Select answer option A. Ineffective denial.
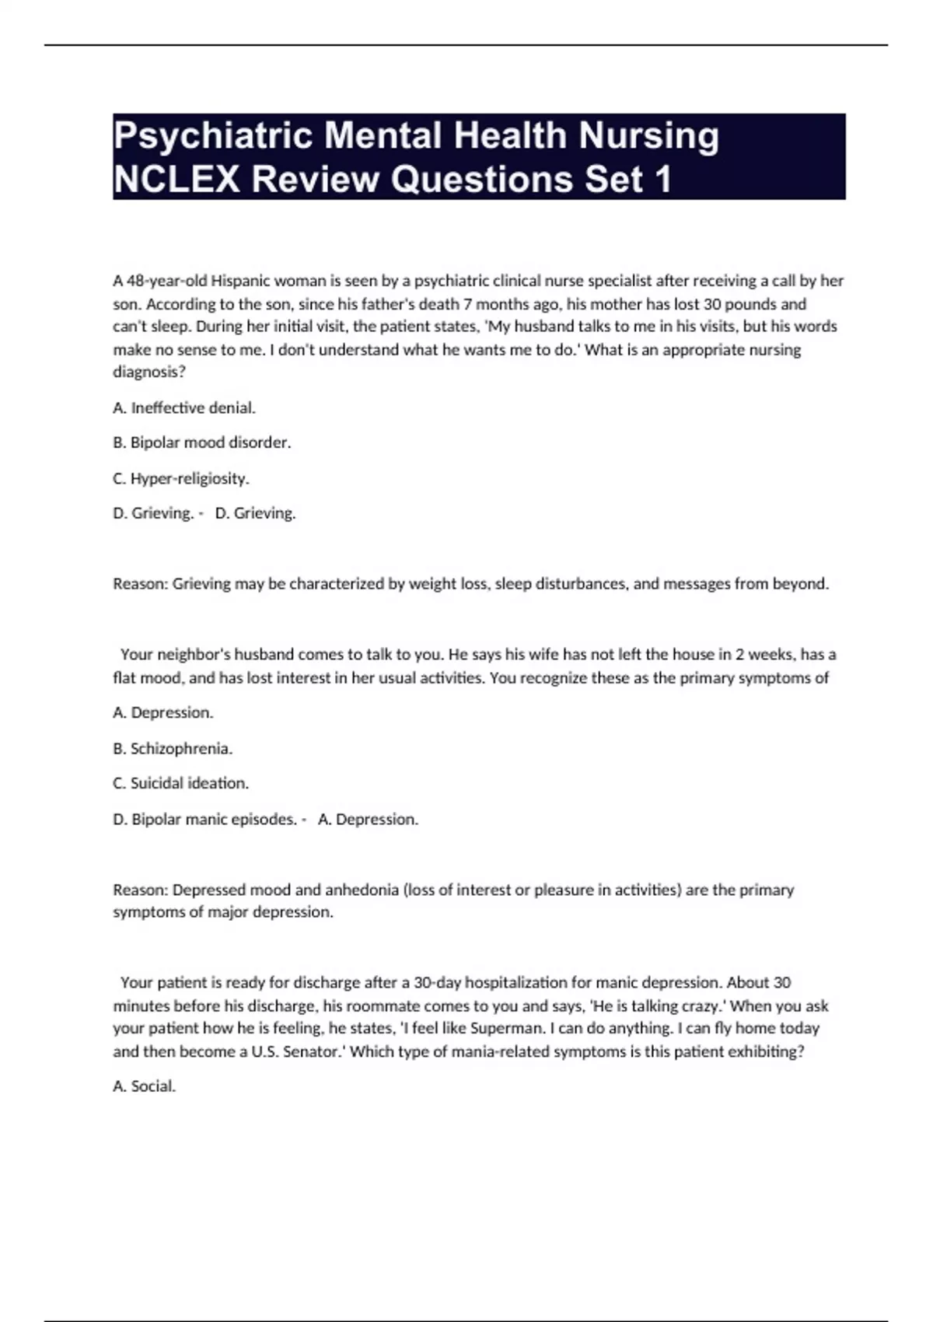coord(184,407)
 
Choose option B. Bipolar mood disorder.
coord(202,442)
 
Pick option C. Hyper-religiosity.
coord(181,478)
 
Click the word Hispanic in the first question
coord(240,281)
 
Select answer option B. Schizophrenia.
coord(173,748)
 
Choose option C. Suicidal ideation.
coord(181,783)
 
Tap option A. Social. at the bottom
coord(145,1086)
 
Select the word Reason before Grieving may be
coord(140,584)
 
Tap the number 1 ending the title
coord(662,180)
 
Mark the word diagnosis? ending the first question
coord(149,372)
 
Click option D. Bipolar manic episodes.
coord(205,819)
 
